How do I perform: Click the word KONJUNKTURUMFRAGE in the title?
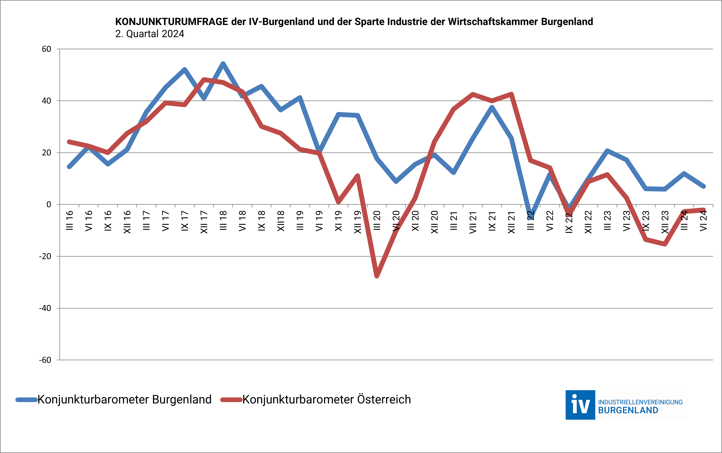pos(172,22)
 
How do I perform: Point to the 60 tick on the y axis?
pos(46,49)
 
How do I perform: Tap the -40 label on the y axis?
pos(45,308)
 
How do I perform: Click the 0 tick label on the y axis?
pos(49,204)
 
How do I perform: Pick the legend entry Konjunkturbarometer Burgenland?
pos(124,399)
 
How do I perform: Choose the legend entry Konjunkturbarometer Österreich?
pos(326,399)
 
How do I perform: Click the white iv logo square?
pos(580,405)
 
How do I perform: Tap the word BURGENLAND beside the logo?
pos(628,410)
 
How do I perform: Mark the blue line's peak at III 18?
pos(223,63)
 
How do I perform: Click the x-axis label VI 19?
pos(319,221)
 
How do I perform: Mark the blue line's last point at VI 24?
pos(703,186)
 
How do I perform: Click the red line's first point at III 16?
pos(69,142)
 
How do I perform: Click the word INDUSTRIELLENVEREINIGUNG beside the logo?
pos(640,402)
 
